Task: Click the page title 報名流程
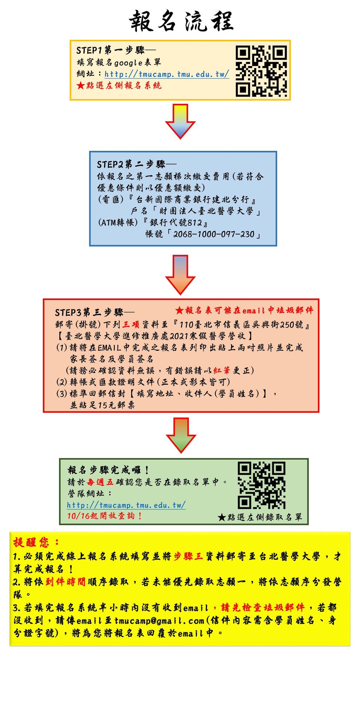click(x=181, y=21)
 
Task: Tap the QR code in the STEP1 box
click(x=261, y=71)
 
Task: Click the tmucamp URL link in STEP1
click(x=167, y=74)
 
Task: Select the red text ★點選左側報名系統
click(x=119, y=85)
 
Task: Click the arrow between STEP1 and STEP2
click(x=180, y=121)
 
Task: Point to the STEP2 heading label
click(x=136, y=164)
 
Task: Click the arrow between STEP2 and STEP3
click(x=180, y=275)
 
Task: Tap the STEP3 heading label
click(x=94, y=313)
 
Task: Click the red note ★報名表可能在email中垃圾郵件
click(x=244, y=310)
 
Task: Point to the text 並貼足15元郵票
click(x=102, y=405)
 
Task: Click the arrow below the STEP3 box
click(x=181, y=435)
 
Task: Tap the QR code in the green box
click(x=262, y=485)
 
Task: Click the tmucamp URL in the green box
click(x=126, y=505)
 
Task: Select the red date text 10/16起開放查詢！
click(x=104, y=516)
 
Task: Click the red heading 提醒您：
click(x=36, y=542)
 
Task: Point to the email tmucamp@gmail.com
click(x=159, y=621)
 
